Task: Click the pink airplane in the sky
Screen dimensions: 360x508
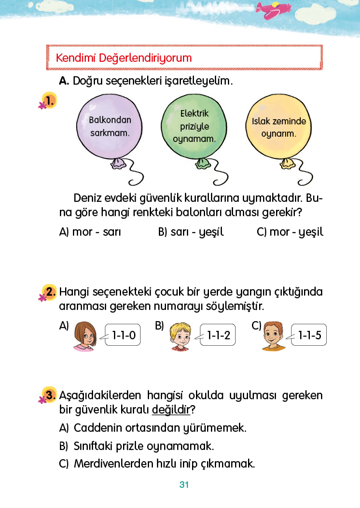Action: tap(273, 10)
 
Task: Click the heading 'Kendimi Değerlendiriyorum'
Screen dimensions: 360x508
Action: tap(124, 58)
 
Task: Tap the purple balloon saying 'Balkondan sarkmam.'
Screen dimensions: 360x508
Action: tap(109, 127)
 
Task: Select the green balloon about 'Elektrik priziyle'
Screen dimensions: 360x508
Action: tap(194, 127)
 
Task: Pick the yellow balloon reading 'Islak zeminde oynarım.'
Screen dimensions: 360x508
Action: tap(279, 127)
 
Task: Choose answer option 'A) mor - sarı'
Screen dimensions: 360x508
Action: tap(90, 232)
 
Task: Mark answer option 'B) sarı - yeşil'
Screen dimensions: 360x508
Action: tap(191, 232)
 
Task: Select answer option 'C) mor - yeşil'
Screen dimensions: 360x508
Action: tap(290, 232)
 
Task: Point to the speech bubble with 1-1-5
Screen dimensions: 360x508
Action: tap(308, 335)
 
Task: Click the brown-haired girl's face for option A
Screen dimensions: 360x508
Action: tap(85, 337)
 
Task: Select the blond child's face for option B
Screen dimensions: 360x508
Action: tap(180, 337)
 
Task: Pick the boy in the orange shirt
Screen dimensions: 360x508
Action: tap(273, 336)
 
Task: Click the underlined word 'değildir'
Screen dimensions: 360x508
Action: tap(171, 410)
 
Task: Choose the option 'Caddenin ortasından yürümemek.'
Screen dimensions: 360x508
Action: tap(153, 428)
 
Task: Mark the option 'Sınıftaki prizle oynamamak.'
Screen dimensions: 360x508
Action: tap(137, 446)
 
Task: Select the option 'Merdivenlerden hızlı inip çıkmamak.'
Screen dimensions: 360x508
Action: tap(157, 464)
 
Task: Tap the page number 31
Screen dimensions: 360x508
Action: tap(184, 485)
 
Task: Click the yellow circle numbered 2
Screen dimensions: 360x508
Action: tap(49, 292)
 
